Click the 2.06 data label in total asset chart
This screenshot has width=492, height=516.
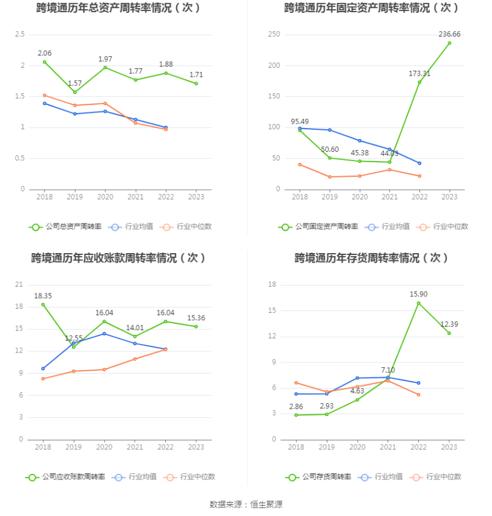click(44, 53)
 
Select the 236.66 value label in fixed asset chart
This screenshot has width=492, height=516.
click(449, 34)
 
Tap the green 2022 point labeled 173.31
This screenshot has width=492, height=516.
click(419, 82)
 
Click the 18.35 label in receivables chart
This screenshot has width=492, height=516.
click(43, 296)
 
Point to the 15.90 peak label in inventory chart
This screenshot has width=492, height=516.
click(419, 294)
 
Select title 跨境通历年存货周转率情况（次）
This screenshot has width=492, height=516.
click(372, 258)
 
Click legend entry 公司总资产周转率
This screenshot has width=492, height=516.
click(66, 227)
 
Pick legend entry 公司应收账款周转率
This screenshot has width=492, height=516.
click(66, 477)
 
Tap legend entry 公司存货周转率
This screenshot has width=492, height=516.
click(319, 477)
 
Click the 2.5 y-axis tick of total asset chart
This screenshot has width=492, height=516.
click(20, 35)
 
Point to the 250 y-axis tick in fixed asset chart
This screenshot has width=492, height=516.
click(274, 35)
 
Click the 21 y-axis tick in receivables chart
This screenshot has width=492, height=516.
click(20, 285)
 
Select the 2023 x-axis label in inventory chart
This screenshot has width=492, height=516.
click(449, 446)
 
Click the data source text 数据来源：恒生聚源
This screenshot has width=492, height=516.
click(246, 504)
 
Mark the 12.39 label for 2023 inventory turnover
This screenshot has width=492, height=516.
click(449, 324)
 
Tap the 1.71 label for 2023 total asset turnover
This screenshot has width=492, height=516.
click(196, 75)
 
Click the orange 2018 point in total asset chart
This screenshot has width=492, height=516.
click(44, 95)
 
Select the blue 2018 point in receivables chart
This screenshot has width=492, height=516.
click(43, 368)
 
